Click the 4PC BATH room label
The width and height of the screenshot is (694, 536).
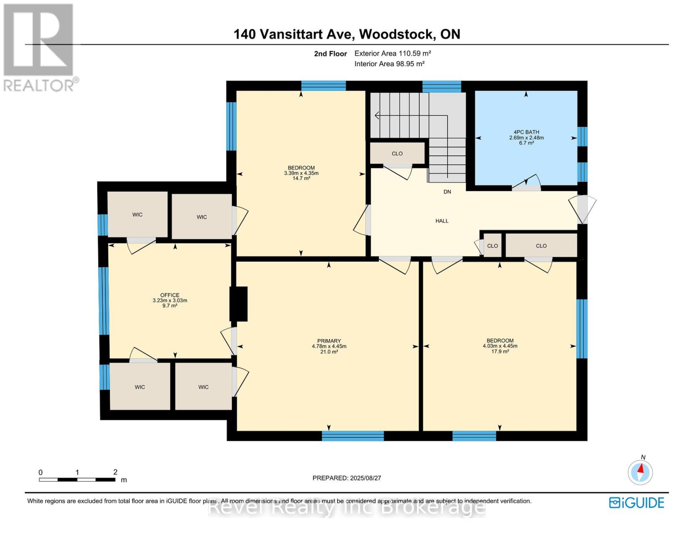[526, 132]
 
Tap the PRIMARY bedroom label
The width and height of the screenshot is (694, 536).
[329, 341]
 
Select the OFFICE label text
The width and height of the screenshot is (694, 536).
[170, 295]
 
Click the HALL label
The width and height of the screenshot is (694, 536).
[442, 221]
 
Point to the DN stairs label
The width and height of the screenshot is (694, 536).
[447, 192]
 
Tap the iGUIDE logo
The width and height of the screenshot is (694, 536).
[636, 502]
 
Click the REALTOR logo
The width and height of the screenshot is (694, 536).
[39, 47]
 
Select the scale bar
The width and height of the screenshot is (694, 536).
[77, 479]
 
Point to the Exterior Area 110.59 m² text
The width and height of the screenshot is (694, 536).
[393, 53]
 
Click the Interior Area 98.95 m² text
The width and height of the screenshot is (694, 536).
[389, 64]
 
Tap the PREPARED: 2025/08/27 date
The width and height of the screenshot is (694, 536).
[347, 478]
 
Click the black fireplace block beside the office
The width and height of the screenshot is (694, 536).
[238, 304]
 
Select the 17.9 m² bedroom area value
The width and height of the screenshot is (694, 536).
[500, 352]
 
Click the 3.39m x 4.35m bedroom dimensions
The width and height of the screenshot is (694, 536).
[301, 173]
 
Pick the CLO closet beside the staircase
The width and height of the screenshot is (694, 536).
[397, 153]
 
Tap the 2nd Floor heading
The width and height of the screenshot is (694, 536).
[330, 54]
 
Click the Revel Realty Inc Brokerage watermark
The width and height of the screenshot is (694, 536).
[347, 508]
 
